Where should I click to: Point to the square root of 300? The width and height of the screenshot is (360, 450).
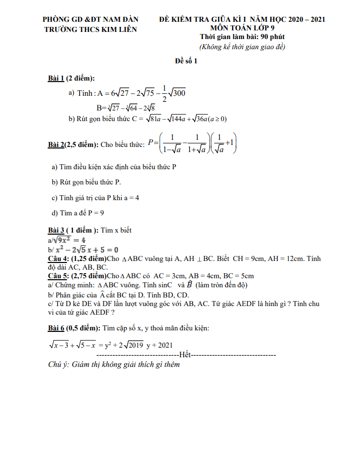(x=176, y=93)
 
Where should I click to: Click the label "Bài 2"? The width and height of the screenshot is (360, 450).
(x=56, y=144)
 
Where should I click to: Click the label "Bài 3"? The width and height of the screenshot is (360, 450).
(x=55, y=230)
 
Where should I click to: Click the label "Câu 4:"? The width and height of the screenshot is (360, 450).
(x=58, y=259)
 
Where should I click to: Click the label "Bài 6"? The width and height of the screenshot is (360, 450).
(x=55, y=328)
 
